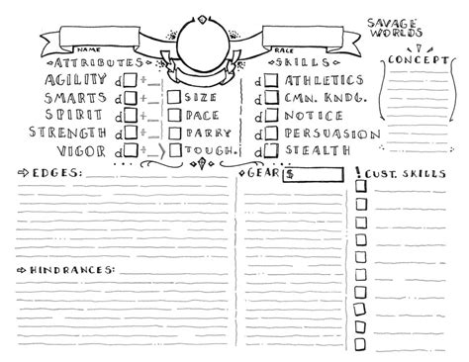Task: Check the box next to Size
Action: tap(174, 98)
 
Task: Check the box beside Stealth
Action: tap(267, 149)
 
